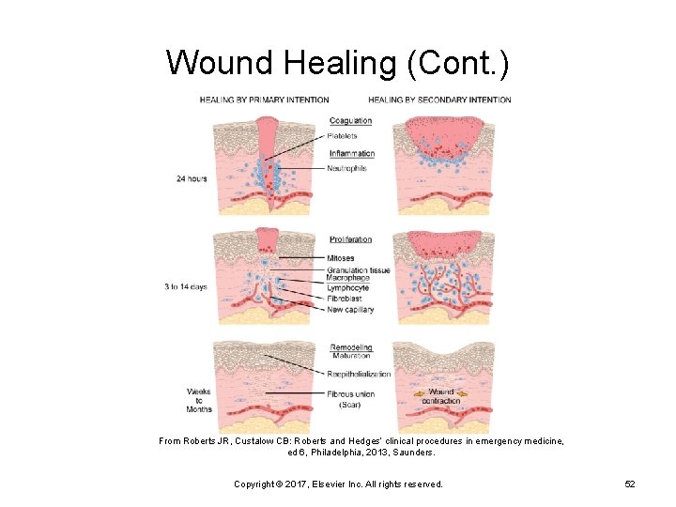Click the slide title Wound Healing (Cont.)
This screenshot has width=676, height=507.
coord(338,62)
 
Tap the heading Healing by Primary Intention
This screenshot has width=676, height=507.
coord(264,100)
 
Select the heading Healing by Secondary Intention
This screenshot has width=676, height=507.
coord(439,100)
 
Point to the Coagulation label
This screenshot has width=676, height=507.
coord(350,120)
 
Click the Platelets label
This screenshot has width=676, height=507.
coord(343,136)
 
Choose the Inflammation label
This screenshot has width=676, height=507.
coord(352,153)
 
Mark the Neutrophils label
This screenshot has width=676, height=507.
coord(347,168)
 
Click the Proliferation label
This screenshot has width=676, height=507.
coord(350,239)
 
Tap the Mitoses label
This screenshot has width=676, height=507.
coord(341,257)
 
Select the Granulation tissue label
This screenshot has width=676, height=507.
coord(359,270)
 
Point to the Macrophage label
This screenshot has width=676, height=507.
coord(347,279)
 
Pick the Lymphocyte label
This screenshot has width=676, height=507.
coord(348,289)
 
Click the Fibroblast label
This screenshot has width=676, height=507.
coord(344,300)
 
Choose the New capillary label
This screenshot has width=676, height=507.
coord(350,310)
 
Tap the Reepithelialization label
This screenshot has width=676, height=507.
coord(360,374)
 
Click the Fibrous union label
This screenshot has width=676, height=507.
coord(351,393)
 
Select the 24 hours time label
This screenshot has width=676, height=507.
coord(192,178)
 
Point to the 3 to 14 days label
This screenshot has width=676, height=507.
coord(184,286)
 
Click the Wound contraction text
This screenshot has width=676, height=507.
coord(441,396)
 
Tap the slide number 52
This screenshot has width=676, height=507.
coord(630,484)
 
